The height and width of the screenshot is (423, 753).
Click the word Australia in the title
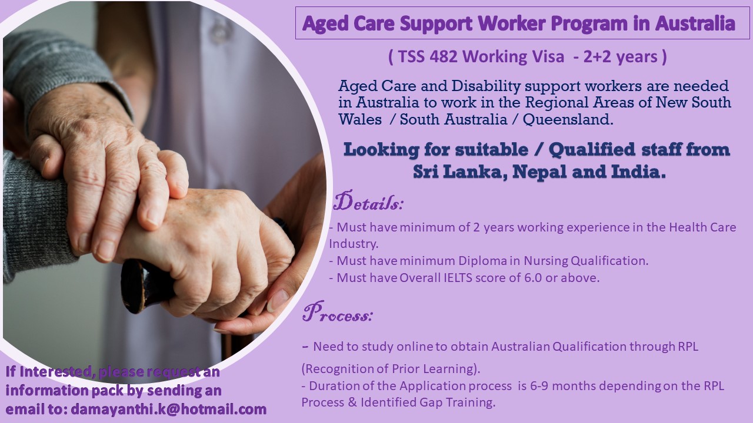pos(695,23)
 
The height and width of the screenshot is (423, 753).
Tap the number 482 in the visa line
pos(443,56)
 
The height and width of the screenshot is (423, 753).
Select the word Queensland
pos(568,119)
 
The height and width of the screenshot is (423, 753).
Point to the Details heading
pos(368,201)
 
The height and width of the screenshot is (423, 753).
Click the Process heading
pos(338,312)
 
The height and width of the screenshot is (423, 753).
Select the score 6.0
pos(533,278)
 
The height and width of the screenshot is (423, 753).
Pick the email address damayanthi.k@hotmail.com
pos(169,409)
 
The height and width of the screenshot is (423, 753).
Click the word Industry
pos(354,244)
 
